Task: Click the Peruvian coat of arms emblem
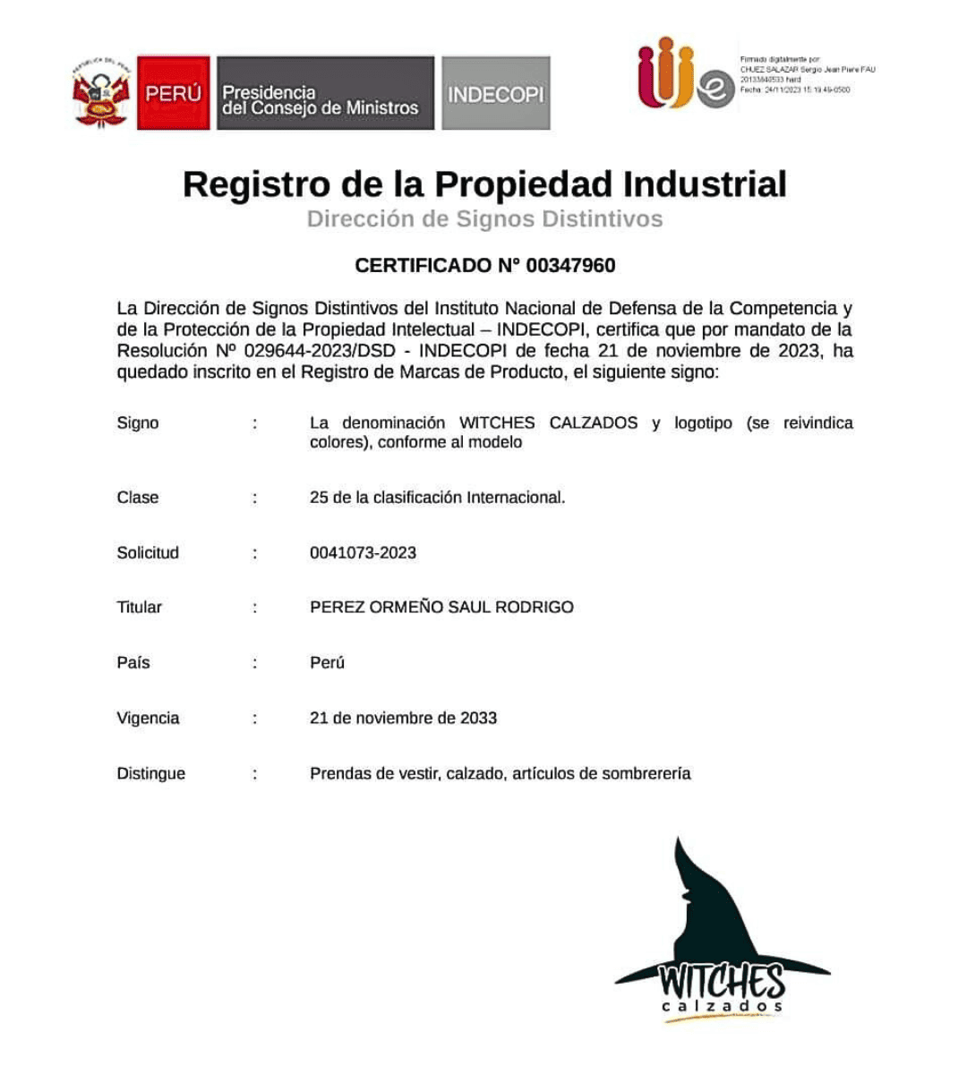(101, 93)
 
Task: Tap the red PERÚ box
(174, 93)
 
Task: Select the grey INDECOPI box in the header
(495, 93)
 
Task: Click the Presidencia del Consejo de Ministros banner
(325, 93)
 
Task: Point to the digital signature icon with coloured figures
(684, 75)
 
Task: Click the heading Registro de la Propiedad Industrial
(484, 184)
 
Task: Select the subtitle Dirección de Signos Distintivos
(484, 219)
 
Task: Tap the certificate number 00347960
(570, 266)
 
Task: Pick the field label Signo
(138, 423)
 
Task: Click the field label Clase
(138, 498)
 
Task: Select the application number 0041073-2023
(363, 553)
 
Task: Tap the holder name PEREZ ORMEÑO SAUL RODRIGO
(441, 608)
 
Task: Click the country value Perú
(327, 663)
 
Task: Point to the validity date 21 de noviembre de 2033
(403, 719)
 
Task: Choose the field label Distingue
(150, 774)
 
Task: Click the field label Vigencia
(148, 719)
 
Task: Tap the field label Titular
(140, 608)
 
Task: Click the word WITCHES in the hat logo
(722, 981)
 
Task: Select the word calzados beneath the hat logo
(722, 1008)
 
